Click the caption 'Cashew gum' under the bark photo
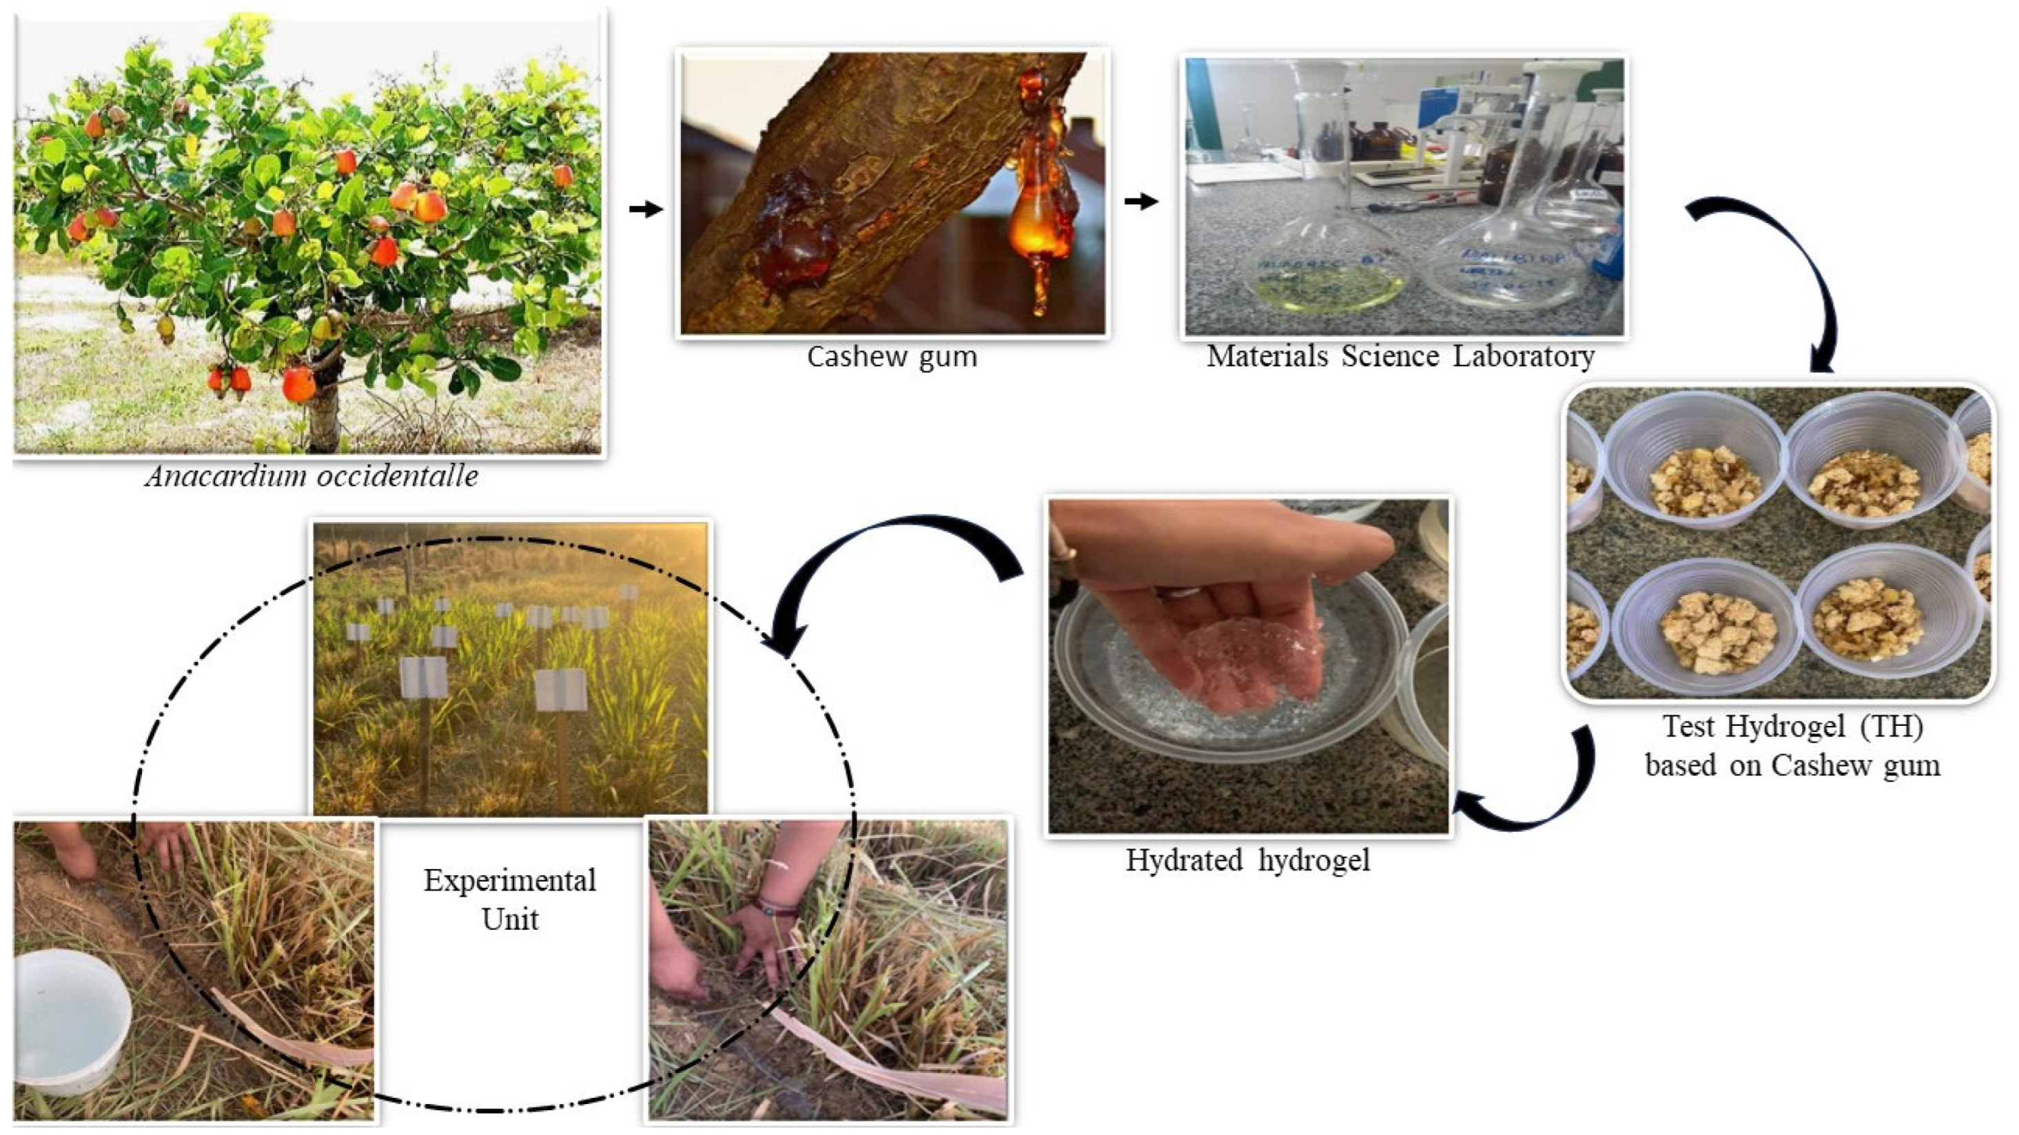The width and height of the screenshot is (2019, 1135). pyautogui.click(x=892, y=357)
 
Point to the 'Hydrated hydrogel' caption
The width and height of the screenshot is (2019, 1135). pyautogui.click(x=1248, y=860)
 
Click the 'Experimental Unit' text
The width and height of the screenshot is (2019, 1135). pyautogui.click(x=510, y=899)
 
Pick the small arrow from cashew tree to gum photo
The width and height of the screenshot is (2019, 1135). pyautogui.click(x=646, y=209)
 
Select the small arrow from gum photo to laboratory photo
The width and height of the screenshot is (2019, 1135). pyautogui.click(x=1141, y=202)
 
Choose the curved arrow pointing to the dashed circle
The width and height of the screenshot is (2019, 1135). pyautogui.click(x=878, y=564)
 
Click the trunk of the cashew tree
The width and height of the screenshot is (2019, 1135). pyautogui.click(x=323, y=415)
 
